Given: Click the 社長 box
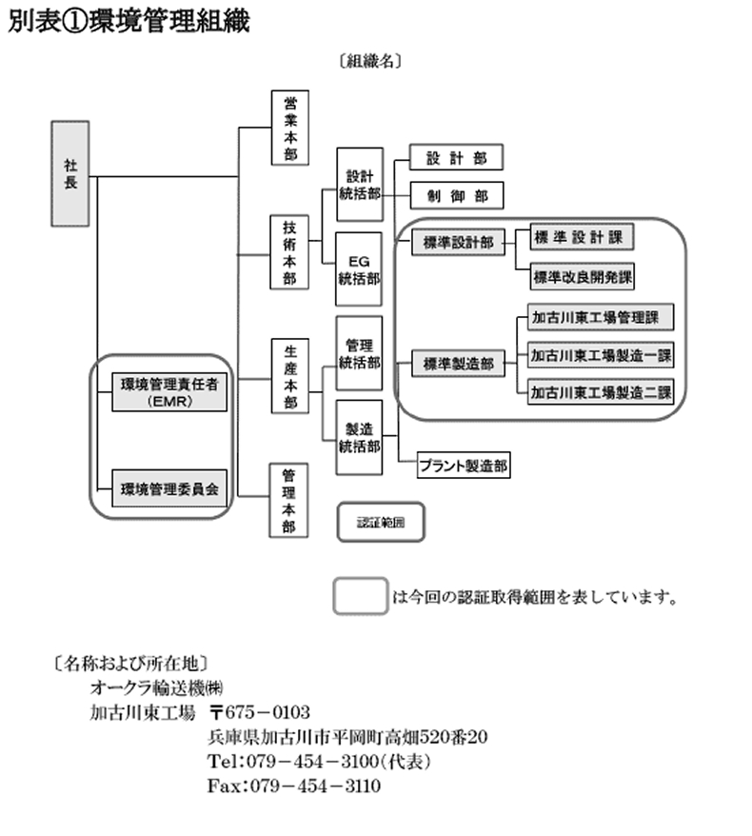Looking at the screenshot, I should click(x=70, y=173).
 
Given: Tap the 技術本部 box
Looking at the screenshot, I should click(x=289, y=253).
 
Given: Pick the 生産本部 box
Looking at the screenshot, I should click(x=289, y=376).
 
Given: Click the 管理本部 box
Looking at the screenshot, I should click(x=289, y=500).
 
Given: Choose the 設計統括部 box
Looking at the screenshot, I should click(x=360, y=185).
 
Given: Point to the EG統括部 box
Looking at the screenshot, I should click(x=360, y=269).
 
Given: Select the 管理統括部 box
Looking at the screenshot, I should click(x=360, y=353).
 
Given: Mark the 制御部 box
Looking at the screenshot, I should click(x=456, y=196).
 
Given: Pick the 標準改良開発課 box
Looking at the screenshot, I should click(x=583, y=277).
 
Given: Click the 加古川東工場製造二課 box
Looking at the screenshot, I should click(x=601, y=391).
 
